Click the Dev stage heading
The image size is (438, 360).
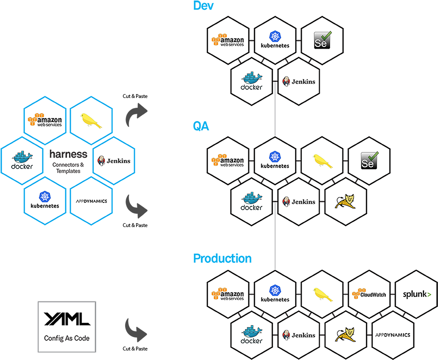tap(203, 6)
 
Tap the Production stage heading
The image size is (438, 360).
tap(222, 259)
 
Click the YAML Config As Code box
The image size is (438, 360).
tap(67, 327)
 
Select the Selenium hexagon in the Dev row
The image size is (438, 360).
tap(322, 40)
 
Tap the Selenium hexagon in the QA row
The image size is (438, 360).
tap(369, 161)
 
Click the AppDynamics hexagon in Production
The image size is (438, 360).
tap(393, 335)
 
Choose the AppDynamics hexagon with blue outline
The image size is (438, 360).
tap(91, 201)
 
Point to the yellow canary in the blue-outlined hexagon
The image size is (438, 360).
tap(91, 120)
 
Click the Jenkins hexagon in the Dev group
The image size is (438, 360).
tap(299, 81)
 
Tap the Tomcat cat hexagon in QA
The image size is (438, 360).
tap(346, 202)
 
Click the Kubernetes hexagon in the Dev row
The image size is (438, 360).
tap(275, 40)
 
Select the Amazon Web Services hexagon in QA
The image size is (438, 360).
tap(228, 161)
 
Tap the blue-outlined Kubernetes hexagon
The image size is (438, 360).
tap(45, 201)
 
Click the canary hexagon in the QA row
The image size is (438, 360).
tap(322, 161)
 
